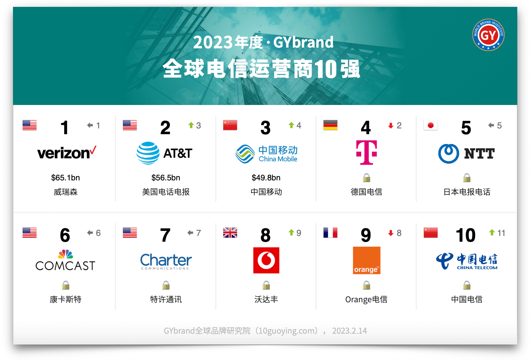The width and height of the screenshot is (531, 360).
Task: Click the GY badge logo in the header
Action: pyautogui.click(x=488, y=35)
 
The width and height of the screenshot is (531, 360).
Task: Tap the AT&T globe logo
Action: pyautogui.click(x=148, y=153)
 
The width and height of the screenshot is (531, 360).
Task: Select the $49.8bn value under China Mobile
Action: pyautogui.click(x=266, y=178)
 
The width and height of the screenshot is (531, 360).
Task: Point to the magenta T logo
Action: pyautogui.click(x=366, y=153)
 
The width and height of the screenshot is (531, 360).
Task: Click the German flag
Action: pyautogui.click(x=330, y=125)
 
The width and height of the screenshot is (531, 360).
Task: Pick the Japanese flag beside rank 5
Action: pyautogui.click(x=430, y=125)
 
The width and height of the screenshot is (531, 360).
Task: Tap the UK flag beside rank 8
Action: pyautogui.click(x=230, y=233)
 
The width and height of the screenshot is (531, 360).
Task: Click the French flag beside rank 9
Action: pyautogui.click(x=330, y=233)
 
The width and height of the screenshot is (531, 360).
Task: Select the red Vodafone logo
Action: pyautogui.click(x=266, y=260)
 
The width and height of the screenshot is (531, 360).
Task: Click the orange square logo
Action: pyautogui.click(x=367, y=260)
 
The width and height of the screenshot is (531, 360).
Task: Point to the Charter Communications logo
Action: pyautogui.click(x=166, y=261)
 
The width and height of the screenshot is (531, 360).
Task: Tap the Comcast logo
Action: pyautogui.click(x=65, y=260)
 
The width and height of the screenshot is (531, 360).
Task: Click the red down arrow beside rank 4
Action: pyautogui.click(x=391, y=126)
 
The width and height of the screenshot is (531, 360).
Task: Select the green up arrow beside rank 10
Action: pyautogui.click(x=492, y=233)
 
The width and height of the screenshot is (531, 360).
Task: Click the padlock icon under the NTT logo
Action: pyautogui.click(x=467, y=177)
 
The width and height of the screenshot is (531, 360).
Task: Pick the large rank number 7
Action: pyautogui.click(x=165, y=236)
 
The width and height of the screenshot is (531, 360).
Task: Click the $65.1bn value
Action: pyautogui.click(x=66, y=178)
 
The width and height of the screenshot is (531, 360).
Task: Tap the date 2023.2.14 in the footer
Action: pyautogui.click(x=349, y=331)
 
